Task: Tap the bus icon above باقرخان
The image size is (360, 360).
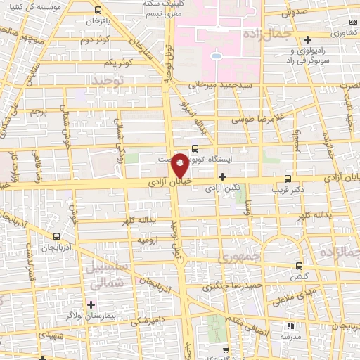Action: (x=98, y=11)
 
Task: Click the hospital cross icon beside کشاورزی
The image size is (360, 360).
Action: (x=307, y=38)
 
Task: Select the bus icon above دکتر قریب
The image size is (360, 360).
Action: (x=287, y=179)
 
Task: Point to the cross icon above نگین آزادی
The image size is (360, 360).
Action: (x=223, y=176)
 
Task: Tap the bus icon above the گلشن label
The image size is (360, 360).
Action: (x=300, y=266)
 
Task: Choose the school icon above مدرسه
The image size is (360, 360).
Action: (x=290, y=326)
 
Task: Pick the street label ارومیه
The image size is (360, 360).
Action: (x=149, y=240)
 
